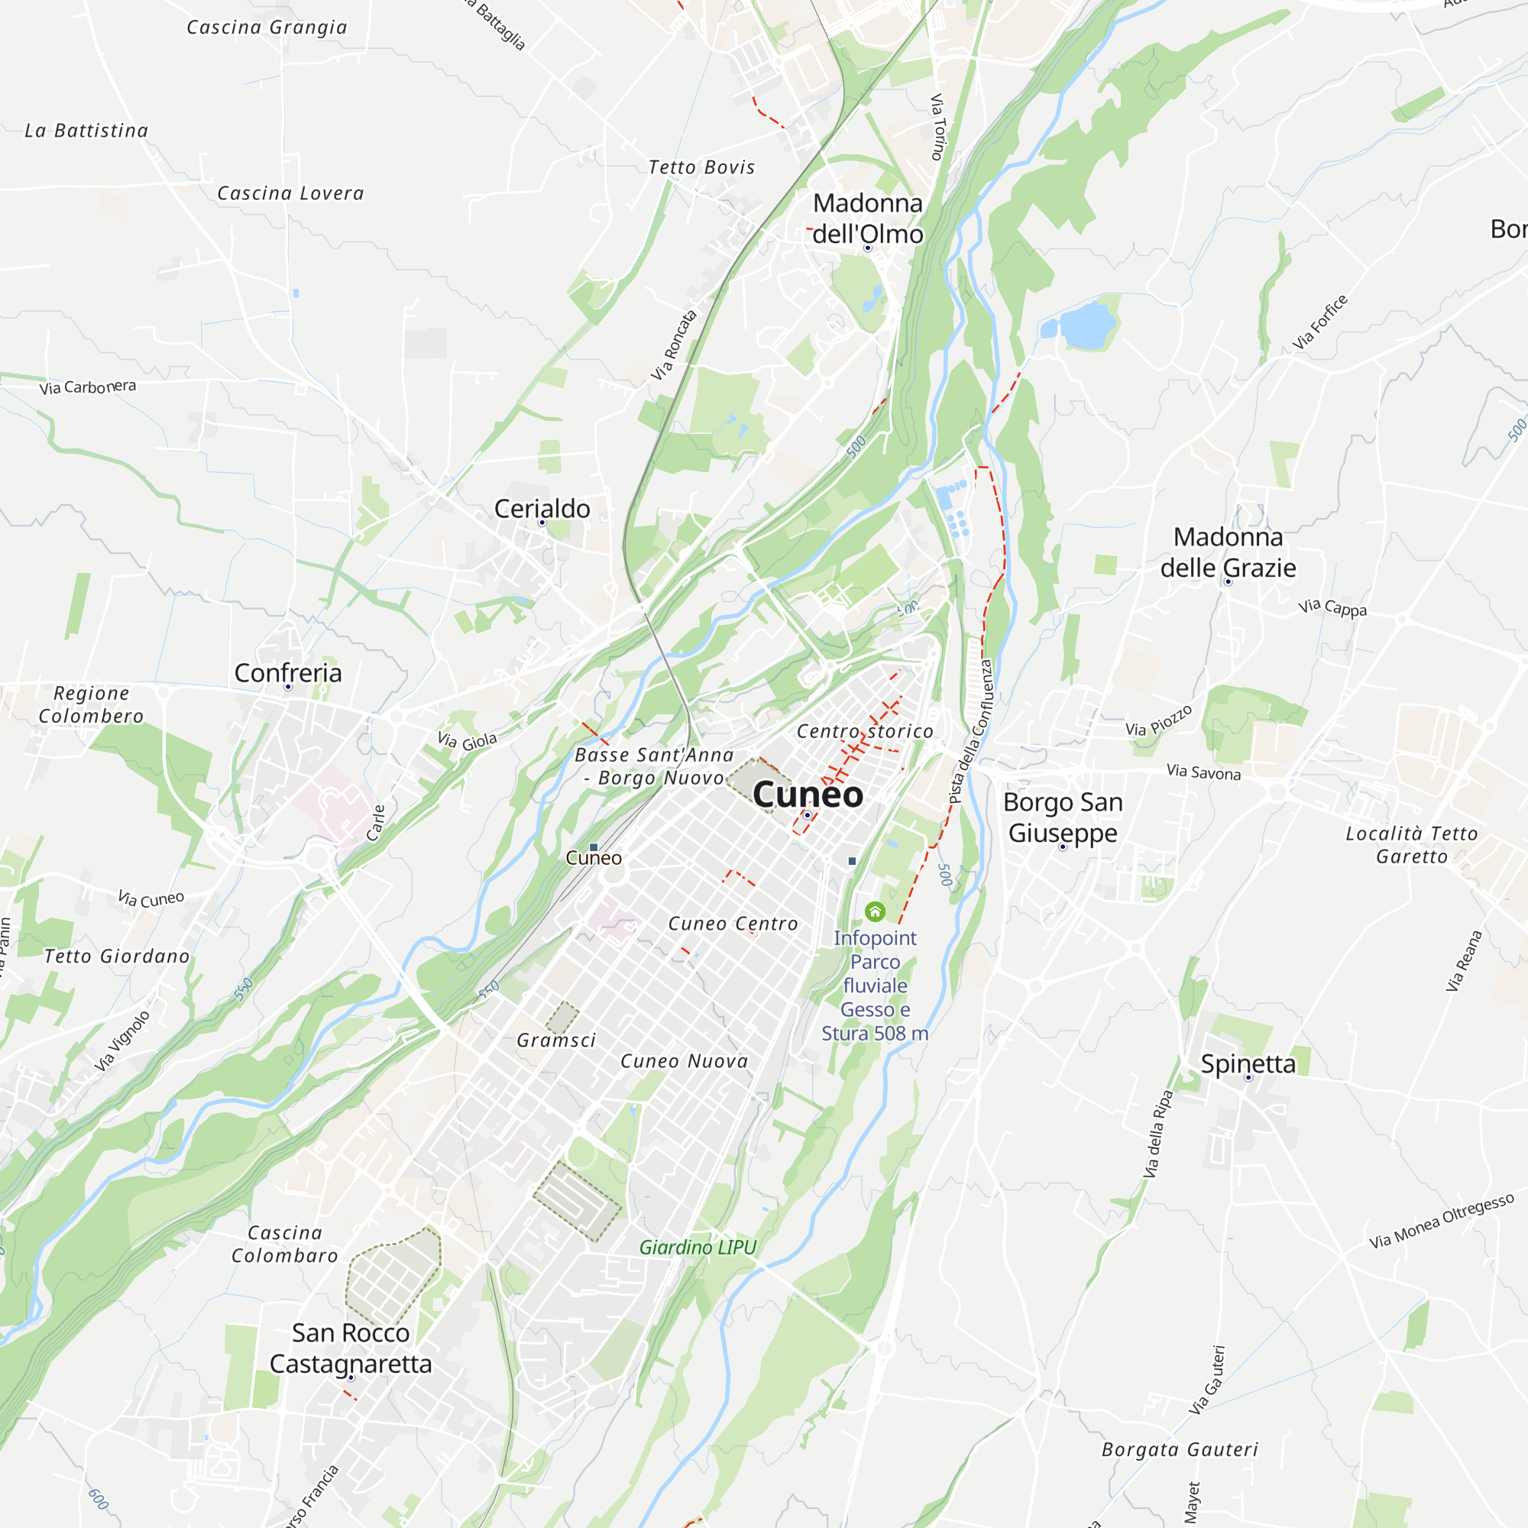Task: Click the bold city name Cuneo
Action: point(808,794)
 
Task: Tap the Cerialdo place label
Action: point(542,509)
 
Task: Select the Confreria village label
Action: point(288,673)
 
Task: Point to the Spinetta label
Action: point(1248,1063)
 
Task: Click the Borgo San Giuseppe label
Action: point(1062,817)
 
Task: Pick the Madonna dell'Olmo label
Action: point(868,219)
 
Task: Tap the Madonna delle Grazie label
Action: point(1228,552)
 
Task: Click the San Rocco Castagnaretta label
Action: point(351,1348)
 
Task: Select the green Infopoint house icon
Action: point(875,912)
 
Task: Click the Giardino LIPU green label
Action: point(698,1248)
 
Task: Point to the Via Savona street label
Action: point(1203,772)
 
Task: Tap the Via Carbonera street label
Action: point(88,387)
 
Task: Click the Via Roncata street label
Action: point(674,345)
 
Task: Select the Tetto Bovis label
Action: point(701,167)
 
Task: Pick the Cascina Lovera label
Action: point(290,193)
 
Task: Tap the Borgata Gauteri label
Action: point(1179,1450)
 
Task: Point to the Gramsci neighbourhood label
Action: point(556,1040)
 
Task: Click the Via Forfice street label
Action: point(1320,322)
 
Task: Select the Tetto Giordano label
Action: point(117,957)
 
